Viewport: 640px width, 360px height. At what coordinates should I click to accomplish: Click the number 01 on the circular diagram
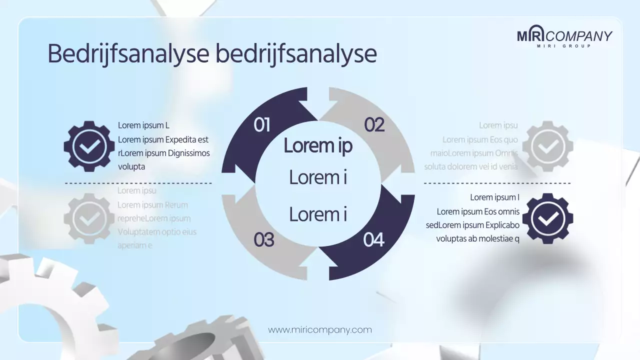(262, 125)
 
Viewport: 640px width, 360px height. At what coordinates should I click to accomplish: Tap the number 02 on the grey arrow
(374, 125)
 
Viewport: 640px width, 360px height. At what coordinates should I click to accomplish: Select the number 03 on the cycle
(263, 240)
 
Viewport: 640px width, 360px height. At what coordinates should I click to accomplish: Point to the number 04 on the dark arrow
(373, 240)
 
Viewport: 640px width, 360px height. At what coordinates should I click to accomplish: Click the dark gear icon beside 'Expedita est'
(89, 146)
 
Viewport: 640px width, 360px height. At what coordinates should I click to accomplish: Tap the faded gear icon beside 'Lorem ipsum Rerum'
(89, 218)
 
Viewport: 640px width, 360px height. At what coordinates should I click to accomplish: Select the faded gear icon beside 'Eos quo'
(547, 146)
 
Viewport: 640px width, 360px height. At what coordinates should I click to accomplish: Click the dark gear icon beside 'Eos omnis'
(547, 218)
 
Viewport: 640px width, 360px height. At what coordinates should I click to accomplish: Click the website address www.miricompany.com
(320, 330)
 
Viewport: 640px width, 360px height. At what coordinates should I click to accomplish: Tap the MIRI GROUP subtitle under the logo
(564, 46)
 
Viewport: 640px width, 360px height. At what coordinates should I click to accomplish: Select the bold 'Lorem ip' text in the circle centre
(318, 145)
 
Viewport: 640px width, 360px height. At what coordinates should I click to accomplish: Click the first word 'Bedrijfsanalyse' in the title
(128, 54)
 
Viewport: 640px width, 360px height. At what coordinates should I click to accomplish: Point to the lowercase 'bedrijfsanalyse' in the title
(296, 54)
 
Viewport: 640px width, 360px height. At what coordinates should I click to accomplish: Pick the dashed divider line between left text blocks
(138, 183)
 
